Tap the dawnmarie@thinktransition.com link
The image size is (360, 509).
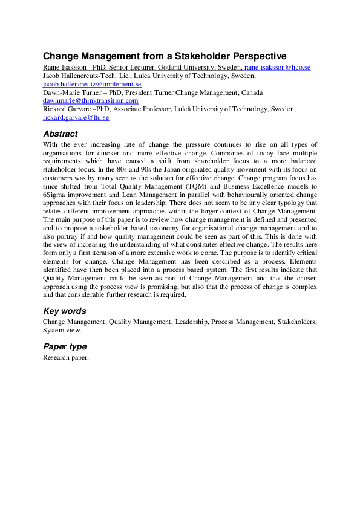click(x=90, y=101)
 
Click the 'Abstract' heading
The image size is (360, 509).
click(x=60, y=134)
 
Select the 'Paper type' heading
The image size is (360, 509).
click(x=64, y=346)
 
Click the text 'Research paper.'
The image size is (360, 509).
click(x=65, y=357)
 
